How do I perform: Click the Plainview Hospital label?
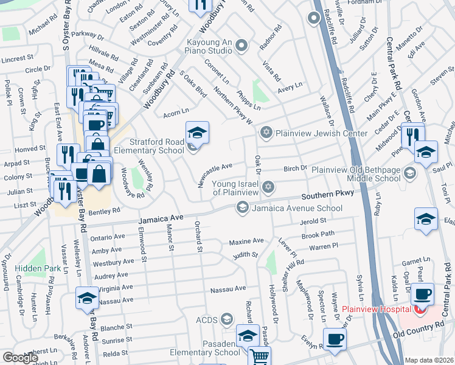pos(375,309)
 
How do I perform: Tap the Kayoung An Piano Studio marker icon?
pos(242,45)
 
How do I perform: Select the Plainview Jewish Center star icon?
pos(266,133)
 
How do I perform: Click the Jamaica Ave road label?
pos(161,218)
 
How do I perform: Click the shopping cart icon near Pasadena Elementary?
pos(260,356)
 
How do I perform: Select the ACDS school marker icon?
pos(227,319)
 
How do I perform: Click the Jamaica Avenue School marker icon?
pos(242,208)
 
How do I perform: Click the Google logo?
pos(19,358)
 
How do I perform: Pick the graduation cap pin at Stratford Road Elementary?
pos(197,133)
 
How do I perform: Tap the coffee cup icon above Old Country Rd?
pos(334,339)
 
